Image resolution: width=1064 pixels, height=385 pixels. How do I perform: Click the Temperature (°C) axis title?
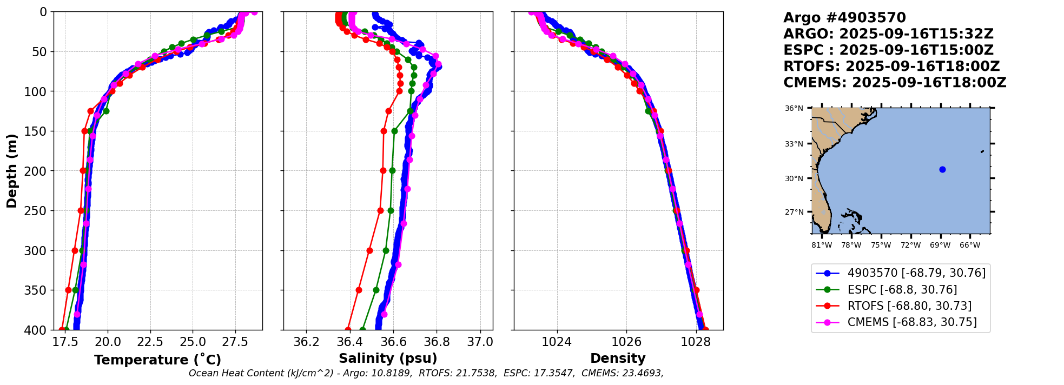click(x=157, y=360)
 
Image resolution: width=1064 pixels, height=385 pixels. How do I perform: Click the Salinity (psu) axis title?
click(x=388, y=359)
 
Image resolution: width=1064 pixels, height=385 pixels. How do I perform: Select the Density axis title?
click(x=618, y=359)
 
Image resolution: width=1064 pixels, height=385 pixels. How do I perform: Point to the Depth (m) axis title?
click(x=12, y=171)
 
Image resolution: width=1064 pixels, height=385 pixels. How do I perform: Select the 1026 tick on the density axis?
click(x=626, y=342)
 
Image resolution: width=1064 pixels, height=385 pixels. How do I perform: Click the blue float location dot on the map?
click(x=942, y=169)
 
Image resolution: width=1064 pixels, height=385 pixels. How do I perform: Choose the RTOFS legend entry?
click(x=909, y=306)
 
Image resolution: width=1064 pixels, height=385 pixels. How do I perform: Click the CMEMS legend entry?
click(x=912, y=322)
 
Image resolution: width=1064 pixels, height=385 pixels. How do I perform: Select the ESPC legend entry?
click(x=902, y=290)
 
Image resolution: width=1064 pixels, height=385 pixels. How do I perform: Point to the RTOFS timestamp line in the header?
click(x=891, y=67)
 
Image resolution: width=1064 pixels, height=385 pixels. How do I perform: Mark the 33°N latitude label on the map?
click(x=794, y=144)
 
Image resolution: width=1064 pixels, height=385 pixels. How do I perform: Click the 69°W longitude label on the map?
click(x=940, y=245)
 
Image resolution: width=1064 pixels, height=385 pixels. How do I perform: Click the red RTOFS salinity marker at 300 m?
click(x=369, y=250)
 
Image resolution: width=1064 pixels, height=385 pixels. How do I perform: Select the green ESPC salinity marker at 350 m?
click(x=376, y=290)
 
